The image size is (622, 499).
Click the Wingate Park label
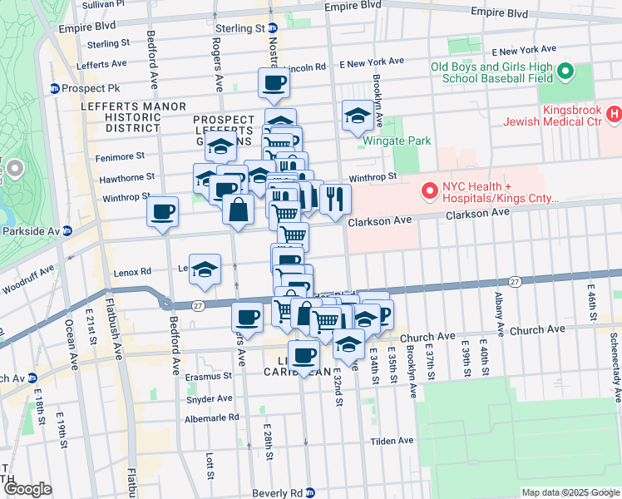tap(397, 141)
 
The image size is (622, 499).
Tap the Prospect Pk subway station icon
tap(55, 89)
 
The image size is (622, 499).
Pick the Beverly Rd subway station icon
tap(309, 492)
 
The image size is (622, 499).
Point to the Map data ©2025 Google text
tap(570, 492)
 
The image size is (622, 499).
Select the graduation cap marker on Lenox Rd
tap(205, 269)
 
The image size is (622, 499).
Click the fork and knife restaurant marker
tap(335, 199)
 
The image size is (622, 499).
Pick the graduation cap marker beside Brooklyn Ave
tap(358, 116)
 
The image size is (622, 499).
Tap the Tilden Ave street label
tap(392, 441)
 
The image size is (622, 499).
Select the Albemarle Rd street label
tap(213, 417)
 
